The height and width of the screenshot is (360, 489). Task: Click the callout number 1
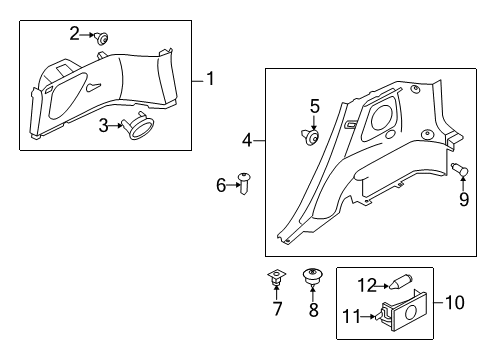pos(210,77)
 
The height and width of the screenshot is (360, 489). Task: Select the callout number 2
pos(74,33)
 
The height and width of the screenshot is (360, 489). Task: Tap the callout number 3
pos(104,125)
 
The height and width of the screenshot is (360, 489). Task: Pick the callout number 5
pos(313,106)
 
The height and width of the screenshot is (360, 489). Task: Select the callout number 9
pos(463,198)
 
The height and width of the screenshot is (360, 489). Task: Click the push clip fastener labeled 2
pos(101,38)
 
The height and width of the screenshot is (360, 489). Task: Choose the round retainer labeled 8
pos(312,277)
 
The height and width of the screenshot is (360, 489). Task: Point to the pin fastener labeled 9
pos(461,170)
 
